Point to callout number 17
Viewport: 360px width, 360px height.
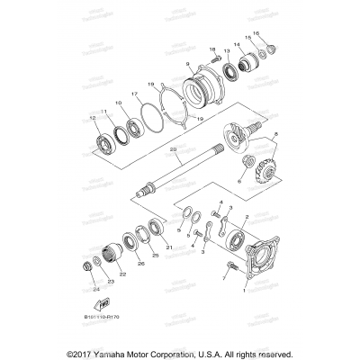click(134, 93)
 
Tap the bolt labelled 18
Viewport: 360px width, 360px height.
click(219, 59)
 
